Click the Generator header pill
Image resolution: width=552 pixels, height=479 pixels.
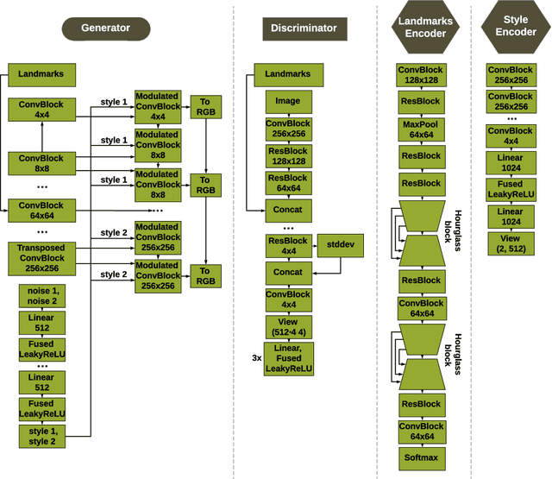[105, 28]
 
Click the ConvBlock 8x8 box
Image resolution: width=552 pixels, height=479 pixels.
[41, 163]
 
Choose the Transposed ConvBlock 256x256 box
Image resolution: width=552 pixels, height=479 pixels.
[41, 258]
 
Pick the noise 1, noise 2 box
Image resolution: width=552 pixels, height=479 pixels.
[41, 296]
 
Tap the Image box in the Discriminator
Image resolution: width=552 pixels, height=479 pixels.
[288, 101]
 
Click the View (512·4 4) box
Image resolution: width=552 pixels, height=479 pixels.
[288, 327]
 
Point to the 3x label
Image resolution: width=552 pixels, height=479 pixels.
[257, 356]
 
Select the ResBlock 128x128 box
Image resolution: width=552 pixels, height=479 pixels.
[288, 156]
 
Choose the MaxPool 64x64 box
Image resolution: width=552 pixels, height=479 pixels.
[421, 129]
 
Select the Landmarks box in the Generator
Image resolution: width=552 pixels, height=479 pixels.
[41, 74]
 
